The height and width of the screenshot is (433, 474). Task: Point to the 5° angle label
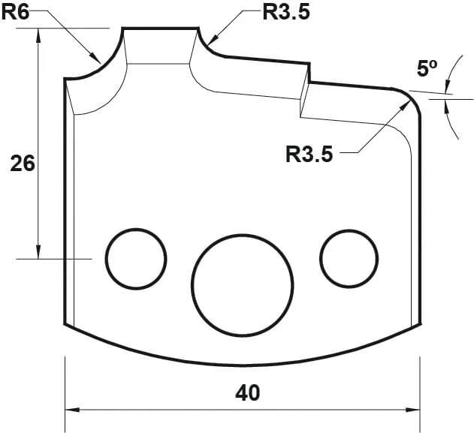427,68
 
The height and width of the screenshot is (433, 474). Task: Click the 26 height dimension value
23,163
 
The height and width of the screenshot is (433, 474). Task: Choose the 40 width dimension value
247,392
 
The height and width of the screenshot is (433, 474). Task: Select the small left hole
136,258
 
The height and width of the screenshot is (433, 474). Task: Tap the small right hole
349,258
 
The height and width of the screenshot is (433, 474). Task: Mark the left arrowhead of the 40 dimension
72,410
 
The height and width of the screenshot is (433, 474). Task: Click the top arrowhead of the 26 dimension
38,35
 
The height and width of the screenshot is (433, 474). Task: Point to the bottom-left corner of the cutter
65,323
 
